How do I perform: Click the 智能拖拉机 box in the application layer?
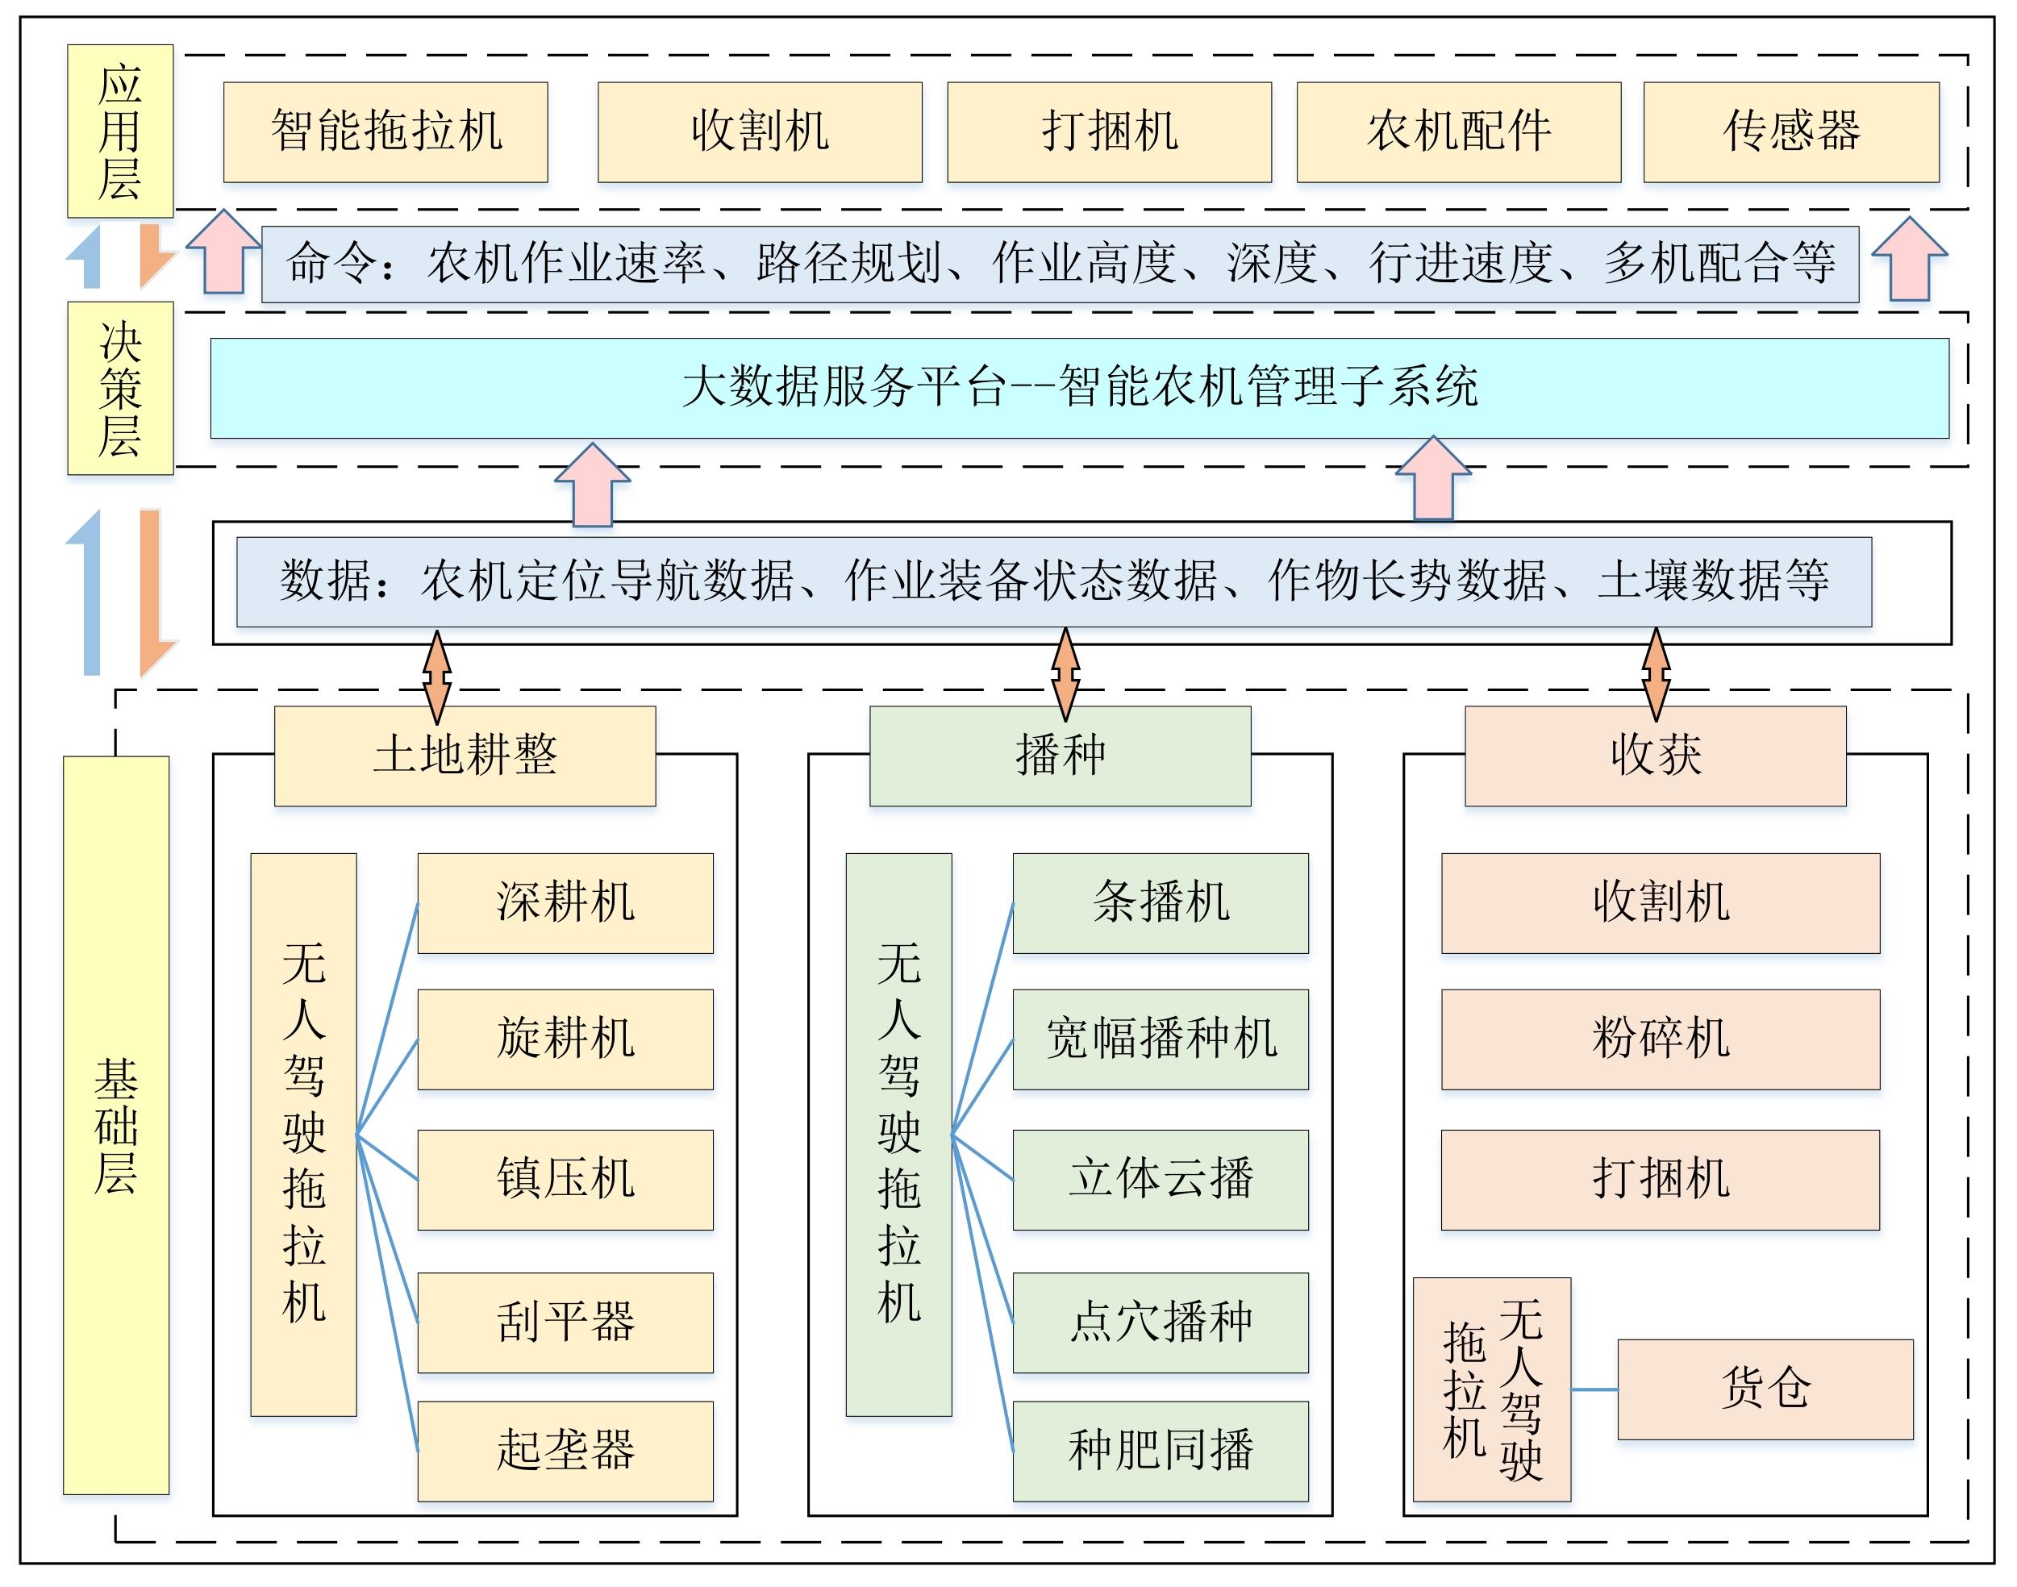[385, 132]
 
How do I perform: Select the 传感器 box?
[1791, 132]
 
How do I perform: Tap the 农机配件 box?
[1459, 132]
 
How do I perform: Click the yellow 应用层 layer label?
[121, 131]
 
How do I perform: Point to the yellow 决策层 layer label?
[121, 389]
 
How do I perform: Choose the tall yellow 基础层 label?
[116, 1125]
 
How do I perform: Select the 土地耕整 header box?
[465, 756]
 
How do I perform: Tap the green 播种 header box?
[1060, 756]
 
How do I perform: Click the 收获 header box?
[1656, 756]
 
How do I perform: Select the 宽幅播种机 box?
[1161, 1039]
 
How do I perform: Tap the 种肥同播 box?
[1161, 1452]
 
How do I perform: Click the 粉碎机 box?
[1661, 1039]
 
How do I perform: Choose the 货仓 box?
[1766, 1390]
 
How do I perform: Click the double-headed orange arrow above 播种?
[1065, 676]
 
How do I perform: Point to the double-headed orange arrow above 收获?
[1656, 676]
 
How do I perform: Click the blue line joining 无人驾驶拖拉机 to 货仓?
[1594, 1390]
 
